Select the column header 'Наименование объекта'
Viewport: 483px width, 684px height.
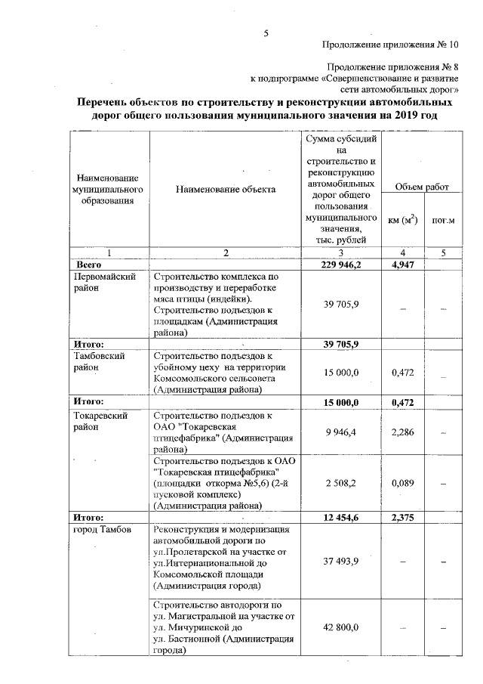(x=226, y=189)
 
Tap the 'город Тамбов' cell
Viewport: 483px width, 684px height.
(x=103, y=530)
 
